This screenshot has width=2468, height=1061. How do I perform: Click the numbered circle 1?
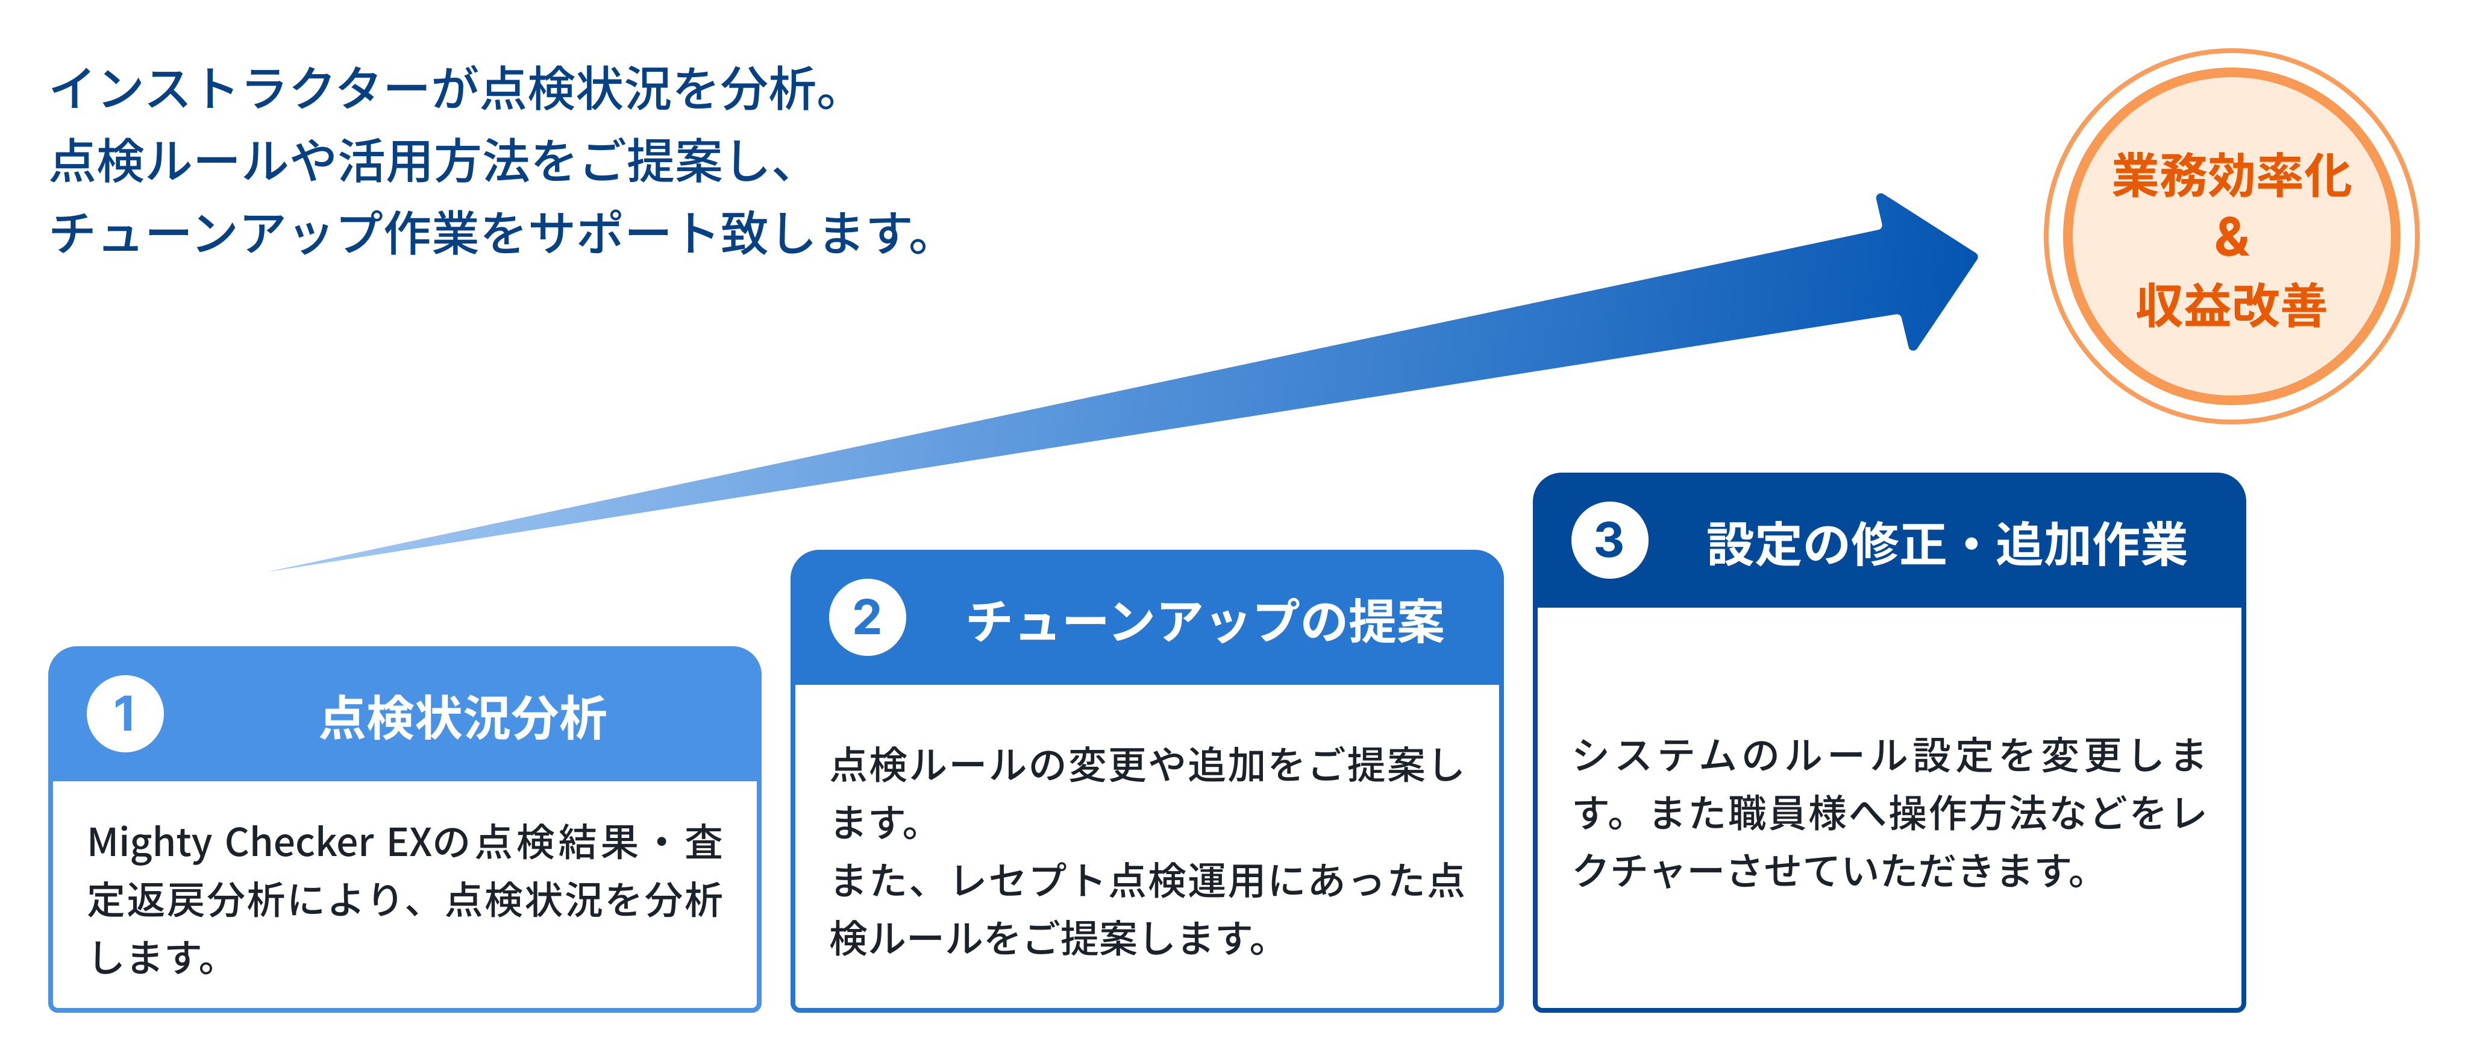click(125, 714)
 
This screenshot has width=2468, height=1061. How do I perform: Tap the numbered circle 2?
click(868, 617)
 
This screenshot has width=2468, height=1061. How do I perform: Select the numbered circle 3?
click(1609, 540)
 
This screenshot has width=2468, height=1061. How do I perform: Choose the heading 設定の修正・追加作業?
click(1948, 543)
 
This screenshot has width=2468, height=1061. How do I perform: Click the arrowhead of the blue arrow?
click(1926, 271)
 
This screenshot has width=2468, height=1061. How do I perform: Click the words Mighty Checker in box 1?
click(231, 843)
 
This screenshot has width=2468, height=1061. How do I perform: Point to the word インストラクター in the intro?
click(240, 89)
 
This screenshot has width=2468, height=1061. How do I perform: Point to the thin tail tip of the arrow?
click(269, 571)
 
